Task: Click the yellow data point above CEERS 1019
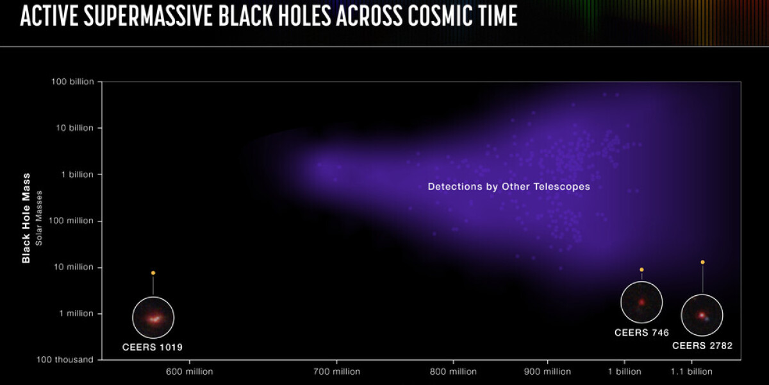[153, 273]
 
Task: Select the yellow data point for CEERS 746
[641, 270]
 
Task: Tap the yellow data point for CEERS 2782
[703, 262]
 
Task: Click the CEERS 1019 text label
[153, 347]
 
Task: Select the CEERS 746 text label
[641, 333]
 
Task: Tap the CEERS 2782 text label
[702, 346]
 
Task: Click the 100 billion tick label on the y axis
[72, 82]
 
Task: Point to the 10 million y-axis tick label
[74, 267]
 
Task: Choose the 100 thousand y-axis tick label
[65, 360]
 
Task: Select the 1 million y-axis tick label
[76, 314]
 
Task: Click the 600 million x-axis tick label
[190, 372]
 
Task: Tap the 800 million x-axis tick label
[453, 372]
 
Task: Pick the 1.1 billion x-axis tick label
[691, 372]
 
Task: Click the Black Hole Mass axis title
[26, 218]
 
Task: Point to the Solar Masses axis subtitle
[39, 218]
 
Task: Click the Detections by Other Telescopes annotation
[509, 187]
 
